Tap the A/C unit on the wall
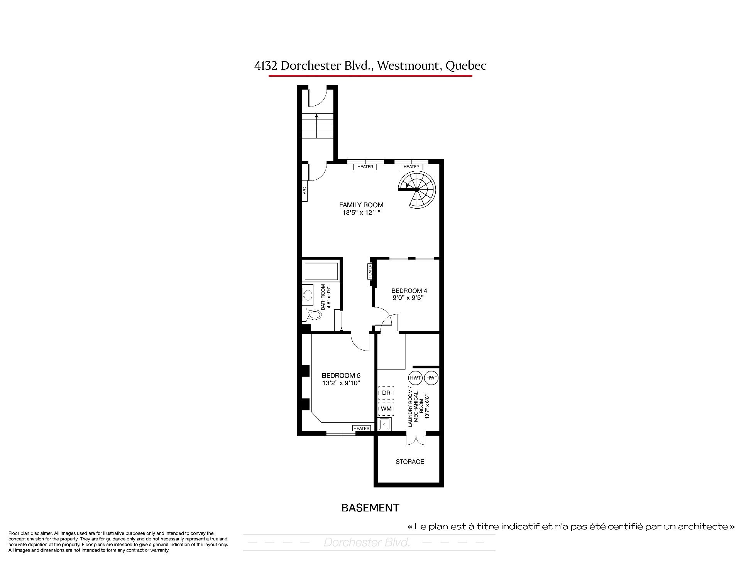305,191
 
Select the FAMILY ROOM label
361,205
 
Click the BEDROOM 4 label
409,291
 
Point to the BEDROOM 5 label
341,375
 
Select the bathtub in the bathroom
321,271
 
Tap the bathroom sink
308,295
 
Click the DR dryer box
386,393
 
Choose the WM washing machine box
386,408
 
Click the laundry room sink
385,425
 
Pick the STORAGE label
409,462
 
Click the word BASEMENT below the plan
370,508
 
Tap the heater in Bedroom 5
362,429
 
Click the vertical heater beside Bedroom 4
370,272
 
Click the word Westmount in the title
409,66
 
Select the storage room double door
416,440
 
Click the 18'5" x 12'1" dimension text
361,213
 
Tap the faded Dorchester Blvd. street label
367,543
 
